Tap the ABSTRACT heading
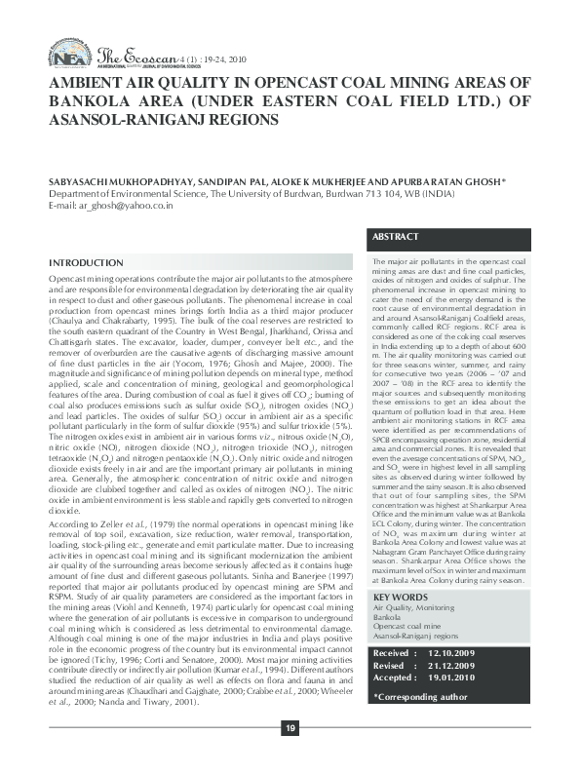pos(397,237)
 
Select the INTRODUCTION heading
pos(86,264)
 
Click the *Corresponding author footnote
pos(421,697)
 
